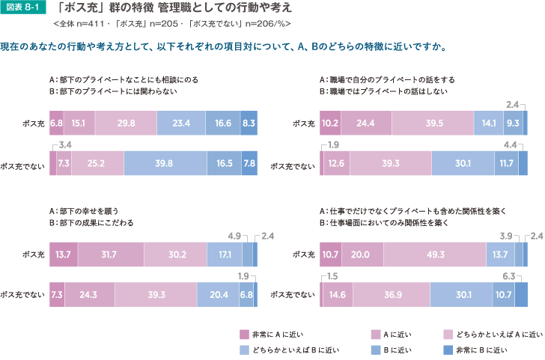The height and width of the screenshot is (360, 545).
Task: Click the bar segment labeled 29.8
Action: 126,123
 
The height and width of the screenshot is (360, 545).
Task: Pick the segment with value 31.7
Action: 110,255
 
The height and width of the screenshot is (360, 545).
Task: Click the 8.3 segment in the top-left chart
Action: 249,123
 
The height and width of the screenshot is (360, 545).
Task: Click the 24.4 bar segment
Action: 366,123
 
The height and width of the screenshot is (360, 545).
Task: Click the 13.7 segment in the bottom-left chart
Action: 63,255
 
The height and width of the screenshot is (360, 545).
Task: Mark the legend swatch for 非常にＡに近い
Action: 244,334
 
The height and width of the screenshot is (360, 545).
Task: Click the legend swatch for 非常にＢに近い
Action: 448,350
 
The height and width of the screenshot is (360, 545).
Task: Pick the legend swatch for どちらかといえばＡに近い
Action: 448,334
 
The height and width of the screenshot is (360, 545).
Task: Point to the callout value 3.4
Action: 65,144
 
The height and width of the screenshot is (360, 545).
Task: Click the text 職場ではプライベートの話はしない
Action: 388,91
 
